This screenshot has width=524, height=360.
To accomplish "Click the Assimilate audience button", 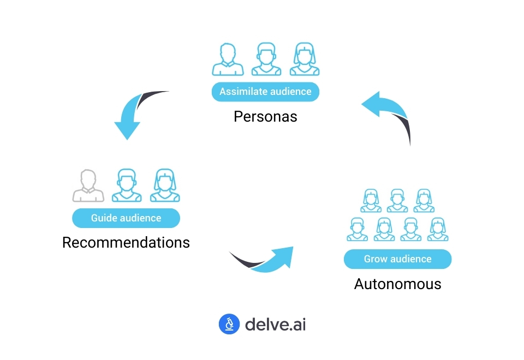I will pos(265,92).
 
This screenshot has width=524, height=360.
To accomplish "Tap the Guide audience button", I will pos(126,218).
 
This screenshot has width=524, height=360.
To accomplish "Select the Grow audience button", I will pos(397,259).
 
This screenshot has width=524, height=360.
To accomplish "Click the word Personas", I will pos(265,116).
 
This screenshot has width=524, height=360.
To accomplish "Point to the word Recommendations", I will pos(126,242).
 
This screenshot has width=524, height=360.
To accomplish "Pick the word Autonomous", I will pos(397,284).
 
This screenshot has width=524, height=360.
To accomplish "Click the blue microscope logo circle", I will pos(229,324).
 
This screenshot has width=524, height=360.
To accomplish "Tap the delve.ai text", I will pos(275,324).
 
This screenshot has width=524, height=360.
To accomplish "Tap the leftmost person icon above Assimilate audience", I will pos(228,59).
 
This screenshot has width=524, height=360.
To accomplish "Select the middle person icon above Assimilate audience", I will pos(266,59).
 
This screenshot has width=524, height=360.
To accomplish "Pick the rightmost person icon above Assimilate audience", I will pos(305,59).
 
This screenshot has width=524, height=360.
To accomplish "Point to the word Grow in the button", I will pos(375,259).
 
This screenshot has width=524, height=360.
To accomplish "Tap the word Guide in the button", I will pos(102,218).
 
